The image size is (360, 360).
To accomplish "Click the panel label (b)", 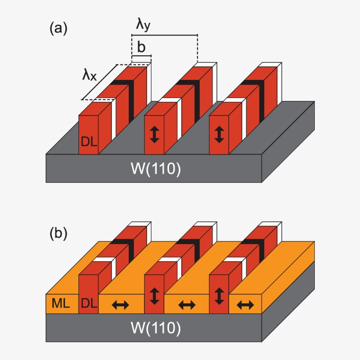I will [x=58, y=233].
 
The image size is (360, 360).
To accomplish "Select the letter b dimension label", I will [x=141, y=47].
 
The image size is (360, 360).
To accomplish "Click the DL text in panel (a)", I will [x=88, y=141].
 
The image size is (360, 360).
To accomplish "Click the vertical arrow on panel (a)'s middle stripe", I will [x=154, y=134].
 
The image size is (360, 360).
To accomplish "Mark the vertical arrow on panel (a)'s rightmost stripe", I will [x=219, y=134].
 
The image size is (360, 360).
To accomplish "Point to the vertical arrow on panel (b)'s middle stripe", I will [x=154, y=296].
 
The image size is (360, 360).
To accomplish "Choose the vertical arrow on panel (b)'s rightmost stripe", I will [x=219, y=296].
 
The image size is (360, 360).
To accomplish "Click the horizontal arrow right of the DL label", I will [x=121, y=305].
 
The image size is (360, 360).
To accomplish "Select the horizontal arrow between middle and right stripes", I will [x=187, y=305].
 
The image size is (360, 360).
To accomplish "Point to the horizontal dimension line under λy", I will [x=165, y=35].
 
